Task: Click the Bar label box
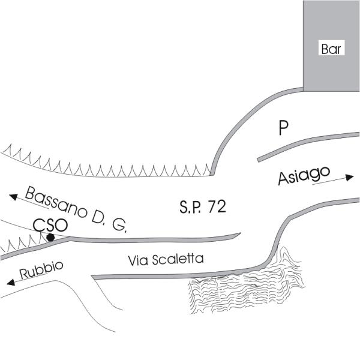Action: [331, 50]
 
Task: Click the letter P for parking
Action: [284, 127]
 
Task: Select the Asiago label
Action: [304, 176]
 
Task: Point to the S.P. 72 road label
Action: [202, 208]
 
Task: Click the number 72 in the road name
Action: [217, 208]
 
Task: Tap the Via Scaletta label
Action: [166, 260]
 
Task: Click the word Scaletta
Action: [177, 260]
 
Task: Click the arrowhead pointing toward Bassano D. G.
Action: [12, 196]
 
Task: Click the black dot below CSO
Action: [51, 238]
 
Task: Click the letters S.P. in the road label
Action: [191, 208]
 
